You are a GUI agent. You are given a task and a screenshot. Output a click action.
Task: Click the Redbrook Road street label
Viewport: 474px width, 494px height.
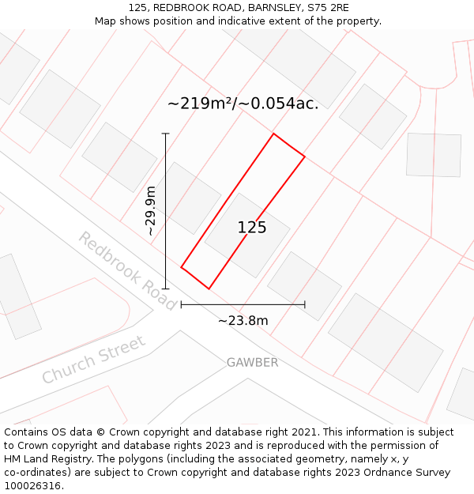click(x=126, y=270)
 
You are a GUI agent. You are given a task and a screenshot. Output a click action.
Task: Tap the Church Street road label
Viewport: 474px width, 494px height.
click(x=94, y=359)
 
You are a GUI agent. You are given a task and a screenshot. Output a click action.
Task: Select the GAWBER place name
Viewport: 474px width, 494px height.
click(x=252, y=363)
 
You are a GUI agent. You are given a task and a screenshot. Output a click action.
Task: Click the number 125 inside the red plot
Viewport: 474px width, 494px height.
click(x=252, y=228)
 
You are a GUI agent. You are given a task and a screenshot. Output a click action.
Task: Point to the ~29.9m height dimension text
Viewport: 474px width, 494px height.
click(x=150, y=211)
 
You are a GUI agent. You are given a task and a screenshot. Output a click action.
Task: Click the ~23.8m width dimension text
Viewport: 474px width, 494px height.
click(x=243, y=320)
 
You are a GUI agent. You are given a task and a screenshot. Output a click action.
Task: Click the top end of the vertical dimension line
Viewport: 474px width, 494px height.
click(x=166, y=134)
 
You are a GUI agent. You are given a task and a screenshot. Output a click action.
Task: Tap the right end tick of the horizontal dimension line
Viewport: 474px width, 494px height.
click(x=305, y=304)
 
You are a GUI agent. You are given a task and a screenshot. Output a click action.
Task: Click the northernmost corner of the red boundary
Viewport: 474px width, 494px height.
click(x=273, y=134)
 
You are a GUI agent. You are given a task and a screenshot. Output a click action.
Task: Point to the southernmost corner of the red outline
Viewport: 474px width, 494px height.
click(x=209, y=289)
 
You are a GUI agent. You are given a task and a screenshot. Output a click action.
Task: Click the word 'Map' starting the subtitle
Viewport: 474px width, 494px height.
click(x=106, y=21)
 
